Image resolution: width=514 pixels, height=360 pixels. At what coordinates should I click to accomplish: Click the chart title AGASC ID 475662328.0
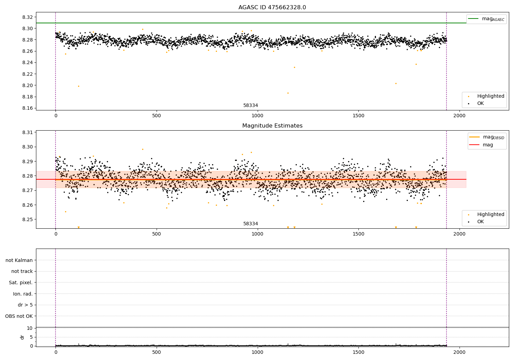272,7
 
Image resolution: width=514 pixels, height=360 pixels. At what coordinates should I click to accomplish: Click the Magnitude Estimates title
272,125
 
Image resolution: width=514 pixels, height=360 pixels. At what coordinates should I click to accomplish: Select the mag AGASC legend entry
487,19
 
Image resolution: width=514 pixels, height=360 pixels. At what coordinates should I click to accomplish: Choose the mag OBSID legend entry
487,137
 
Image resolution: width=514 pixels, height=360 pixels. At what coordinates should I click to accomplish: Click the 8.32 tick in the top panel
27,17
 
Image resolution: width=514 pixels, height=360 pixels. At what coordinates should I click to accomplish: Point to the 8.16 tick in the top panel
27,108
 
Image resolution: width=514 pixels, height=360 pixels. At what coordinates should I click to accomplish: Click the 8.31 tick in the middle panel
27,132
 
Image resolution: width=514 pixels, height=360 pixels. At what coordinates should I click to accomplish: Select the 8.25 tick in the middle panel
27,219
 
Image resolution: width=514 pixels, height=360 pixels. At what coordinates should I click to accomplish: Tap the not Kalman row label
19,260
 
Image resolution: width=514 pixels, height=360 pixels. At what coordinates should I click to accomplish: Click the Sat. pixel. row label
21,283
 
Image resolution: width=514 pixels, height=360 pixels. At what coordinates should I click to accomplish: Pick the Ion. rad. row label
23,294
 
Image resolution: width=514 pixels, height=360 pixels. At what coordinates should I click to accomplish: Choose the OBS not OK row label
19,316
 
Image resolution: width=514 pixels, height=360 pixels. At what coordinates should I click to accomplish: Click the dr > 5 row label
25,305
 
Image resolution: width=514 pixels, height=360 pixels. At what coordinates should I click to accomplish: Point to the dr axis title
22,337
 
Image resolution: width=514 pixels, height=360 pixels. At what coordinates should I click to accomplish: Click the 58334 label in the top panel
250,105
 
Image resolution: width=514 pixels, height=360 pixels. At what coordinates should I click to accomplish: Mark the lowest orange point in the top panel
288,93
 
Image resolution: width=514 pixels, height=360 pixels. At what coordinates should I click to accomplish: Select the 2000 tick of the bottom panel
460,352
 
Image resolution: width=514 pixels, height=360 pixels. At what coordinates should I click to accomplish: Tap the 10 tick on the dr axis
30,328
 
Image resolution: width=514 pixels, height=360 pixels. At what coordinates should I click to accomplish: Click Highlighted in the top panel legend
491,96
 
